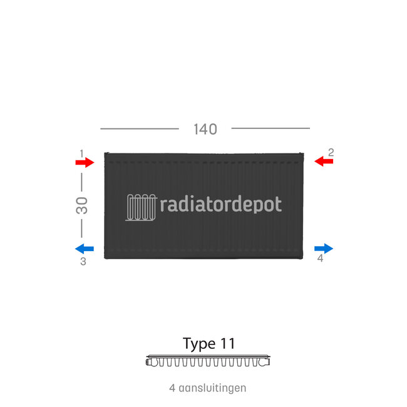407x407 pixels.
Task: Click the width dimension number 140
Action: tap(205, 129)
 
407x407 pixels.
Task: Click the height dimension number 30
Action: tap(82, 206)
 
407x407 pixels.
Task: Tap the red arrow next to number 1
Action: tap(85, 163)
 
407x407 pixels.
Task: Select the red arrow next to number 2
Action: tap(324, 162)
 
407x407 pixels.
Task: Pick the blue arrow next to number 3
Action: tap(84, 249)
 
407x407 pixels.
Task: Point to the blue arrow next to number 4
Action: tap(324, 249)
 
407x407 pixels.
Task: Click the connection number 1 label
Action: tap(81, 153)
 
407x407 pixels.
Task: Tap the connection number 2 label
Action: tap(331, 152)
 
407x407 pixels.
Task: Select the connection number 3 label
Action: tap(83, 262)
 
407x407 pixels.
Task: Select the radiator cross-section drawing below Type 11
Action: tap(208, 361)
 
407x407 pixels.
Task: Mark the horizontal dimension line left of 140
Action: tap(140, 128)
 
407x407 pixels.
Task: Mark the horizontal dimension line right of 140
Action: tap(270, 128)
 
